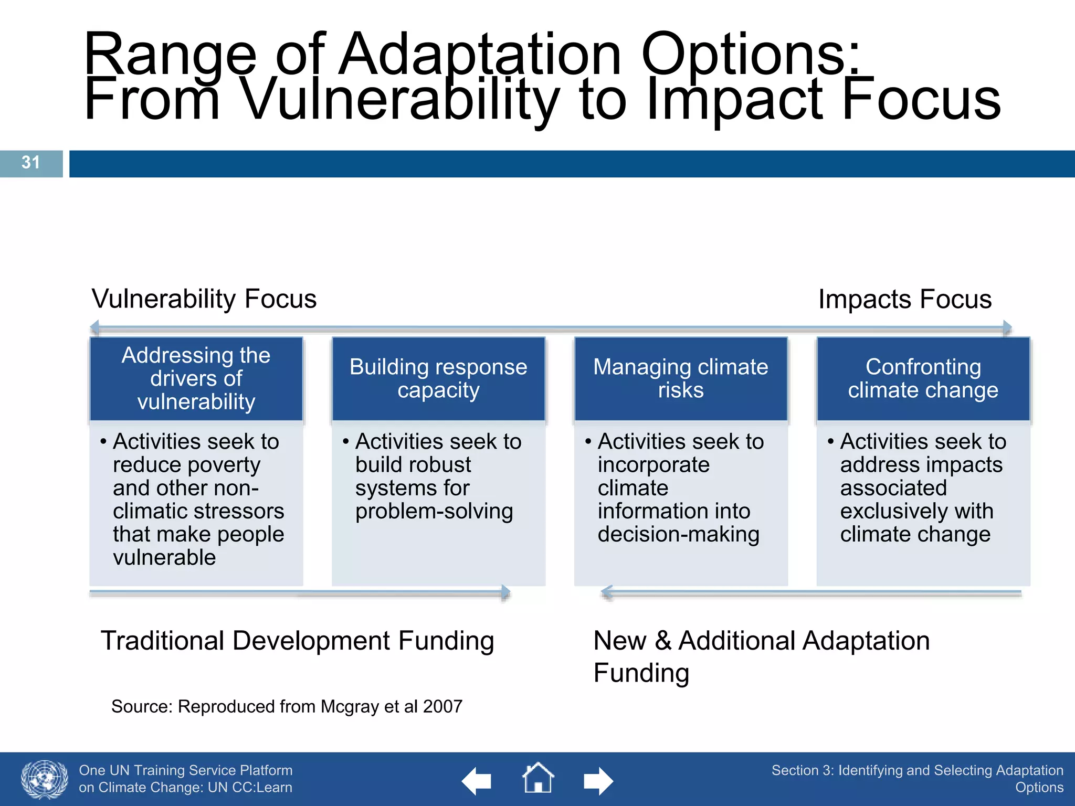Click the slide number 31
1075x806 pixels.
(30, 163)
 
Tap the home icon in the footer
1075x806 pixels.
(537, 778)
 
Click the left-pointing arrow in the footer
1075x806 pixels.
(477, 781)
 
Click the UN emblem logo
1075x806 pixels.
(45, 779)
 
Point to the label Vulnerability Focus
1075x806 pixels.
(204, 299)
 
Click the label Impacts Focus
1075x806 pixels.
(904, 300)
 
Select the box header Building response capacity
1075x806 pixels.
(438, 378)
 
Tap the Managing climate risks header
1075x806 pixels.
(680, 378)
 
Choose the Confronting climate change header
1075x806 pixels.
(923, 378)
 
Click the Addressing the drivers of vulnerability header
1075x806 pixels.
(196, 378)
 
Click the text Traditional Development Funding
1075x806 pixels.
(297, 641)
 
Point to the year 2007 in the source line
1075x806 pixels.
(442, 707)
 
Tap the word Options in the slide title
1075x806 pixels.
(751, 55)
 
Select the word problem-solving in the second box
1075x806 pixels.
(434, 512)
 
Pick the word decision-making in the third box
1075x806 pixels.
(678, 535)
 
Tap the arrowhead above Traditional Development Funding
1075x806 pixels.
(505, 593)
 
